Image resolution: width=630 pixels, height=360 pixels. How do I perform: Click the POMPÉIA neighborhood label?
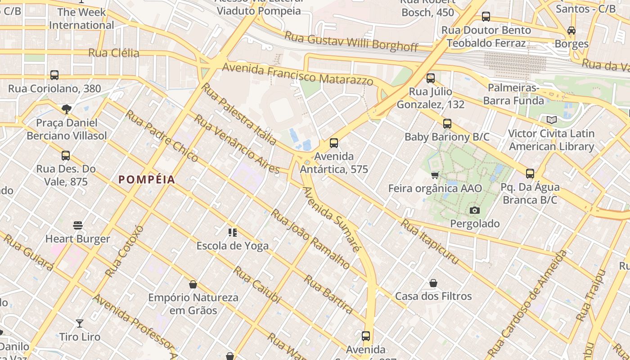pyautogui.click(x=147, y=180)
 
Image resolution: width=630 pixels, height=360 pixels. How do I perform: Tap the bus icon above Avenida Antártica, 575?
pyautogui.click(x=333, y=143)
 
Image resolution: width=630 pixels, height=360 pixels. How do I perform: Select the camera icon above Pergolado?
pyautogui.click(x=474, y=210)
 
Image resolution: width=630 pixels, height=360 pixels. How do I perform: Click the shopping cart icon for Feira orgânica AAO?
pyautogui.click(x=435, y=175)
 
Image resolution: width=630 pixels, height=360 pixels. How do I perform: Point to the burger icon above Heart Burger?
pyautogui.click(x=78, y=225)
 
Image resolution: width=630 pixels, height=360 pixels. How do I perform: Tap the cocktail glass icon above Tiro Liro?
pyautogui.click(x=80, y=323)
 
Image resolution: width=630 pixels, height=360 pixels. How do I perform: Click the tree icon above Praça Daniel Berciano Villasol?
pyautogui.click(x=67, y=109)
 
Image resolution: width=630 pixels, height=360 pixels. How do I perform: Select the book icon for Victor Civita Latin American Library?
pyautogui.click(x=551, y=120)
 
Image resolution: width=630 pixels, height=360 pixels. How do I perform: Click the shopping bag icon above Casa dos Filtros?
pyautogui.click(x=433, y=283)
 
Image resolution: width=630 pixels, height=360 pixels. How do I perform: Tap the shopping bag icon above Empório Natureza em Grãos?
pyautogui.click(x=193, y=284)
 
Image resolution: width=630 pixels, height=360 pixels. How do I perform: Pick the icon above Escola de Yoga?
pyautogui.click(x=232, y=233)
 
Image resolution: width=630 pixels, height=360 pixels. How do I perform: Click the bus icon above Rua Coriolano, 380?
pyautogui.click(x=54, y=75)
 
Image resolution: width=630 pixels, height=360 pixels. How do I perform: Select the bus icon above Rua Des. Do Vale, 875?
pyautogui.click(x=66, y=156)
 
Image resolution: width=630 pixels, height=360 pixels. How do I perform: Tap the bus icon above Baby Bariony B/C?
pyautogui.click(x=447, y=124)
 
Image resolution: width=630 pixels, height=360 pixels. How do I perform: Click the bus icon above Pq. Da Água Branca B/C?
pyautogui.click(x=530, y=174)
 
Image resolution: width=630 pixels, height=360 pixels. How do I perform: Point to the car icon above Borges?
pyautogui.click(x=571, y=31)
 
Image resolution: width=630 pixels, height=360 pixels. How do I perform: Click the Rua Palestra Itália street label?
pyautogui.click(x=238, y=114)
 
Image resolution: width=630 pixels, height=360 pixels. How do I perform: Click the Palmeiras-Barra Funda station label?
pyautogui.click(x=513, y=94)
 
